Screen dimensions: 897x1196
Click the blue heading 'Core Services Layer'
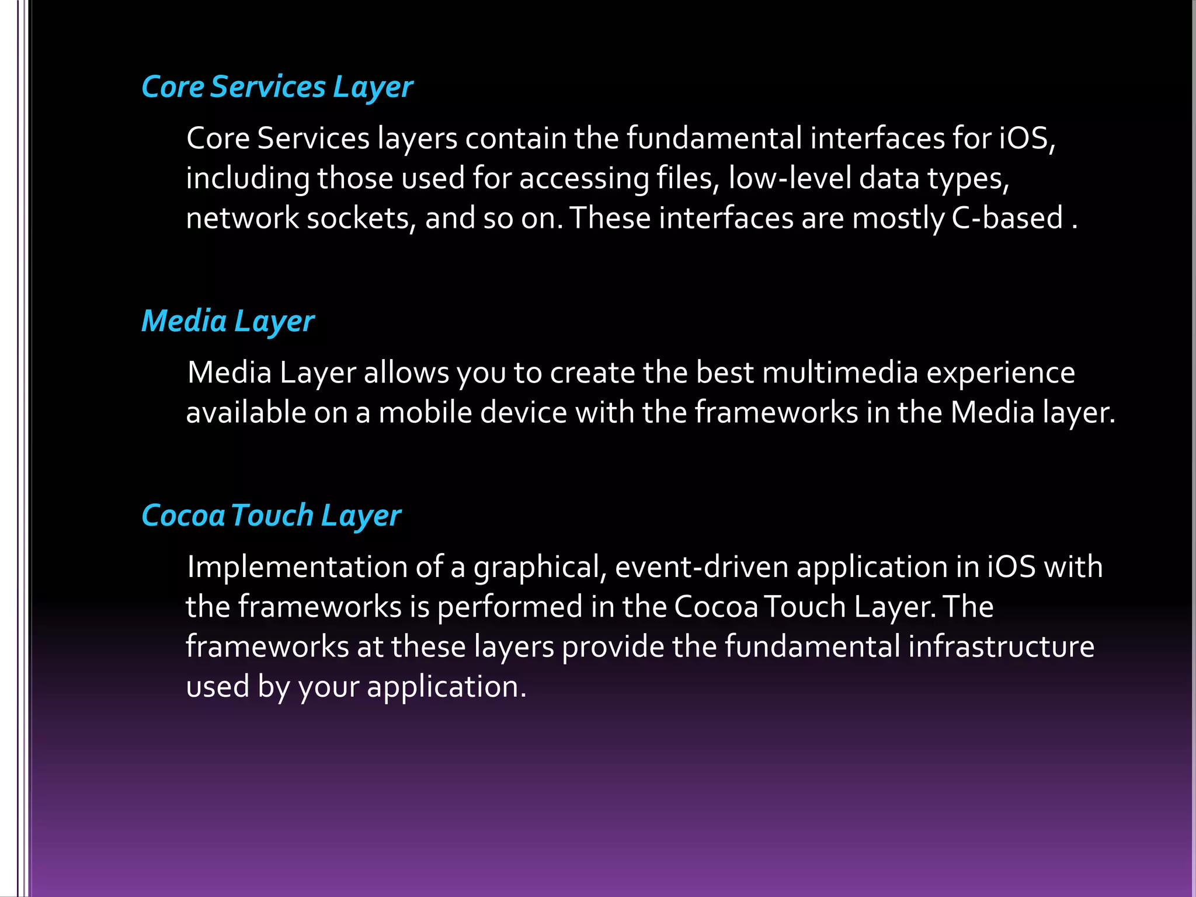pyautogui.click(x=277, y=88)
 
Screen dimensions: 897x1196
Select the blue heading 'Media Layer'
pyautogui.click(x=228, y=322)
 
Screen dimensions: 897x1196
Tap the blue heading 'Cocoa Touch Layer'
pyautogui.click(x=271, y=516)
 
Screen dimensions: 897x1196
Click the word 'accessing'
pyautogui.click(x=583, y=179)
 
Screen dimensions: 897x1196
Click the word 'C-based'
pyautogui.click(x=1007, y=218)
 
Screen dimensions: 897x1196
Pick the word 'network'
pyautogui.click(x=242, y=218)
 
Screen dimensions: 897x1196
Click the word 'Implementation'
pyautogui.click(x=297, y=568)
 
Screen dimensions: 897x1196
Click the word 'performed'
pyautogui.click(x=510, y=607)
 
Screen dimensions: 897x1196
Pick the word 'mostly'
pyautogui.click(x=898, y=218)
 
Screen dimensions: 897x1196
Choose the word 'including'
pyautogui.click(x=248, y=179)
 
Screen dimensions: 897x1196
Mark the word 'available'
pyautogui.click(x=246, y=413)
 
